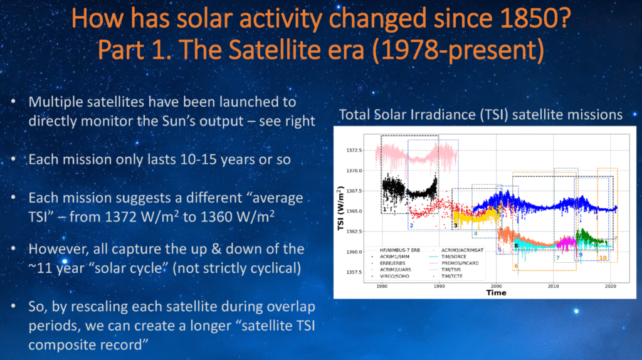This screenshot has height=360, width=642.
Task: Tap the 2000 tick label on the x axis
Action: [496, 286]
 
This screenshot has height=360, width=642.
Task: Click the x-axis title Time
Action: [495, 293]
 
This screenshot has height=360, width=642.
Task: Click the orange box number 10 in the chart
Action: [603, 258]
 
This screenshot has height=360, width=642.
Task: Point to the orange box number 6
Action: [516, 267]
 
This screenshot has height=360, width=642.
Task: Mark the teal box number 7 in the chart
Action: [557, 258]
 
